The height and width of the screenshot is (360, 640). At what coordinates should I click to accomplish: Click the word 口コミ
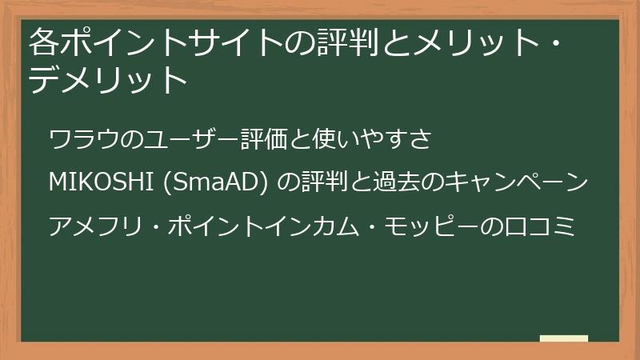tap(544, 227)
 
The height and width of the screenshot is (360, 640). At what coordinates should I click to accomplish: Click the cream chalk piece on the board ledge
tap(564, 338)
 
